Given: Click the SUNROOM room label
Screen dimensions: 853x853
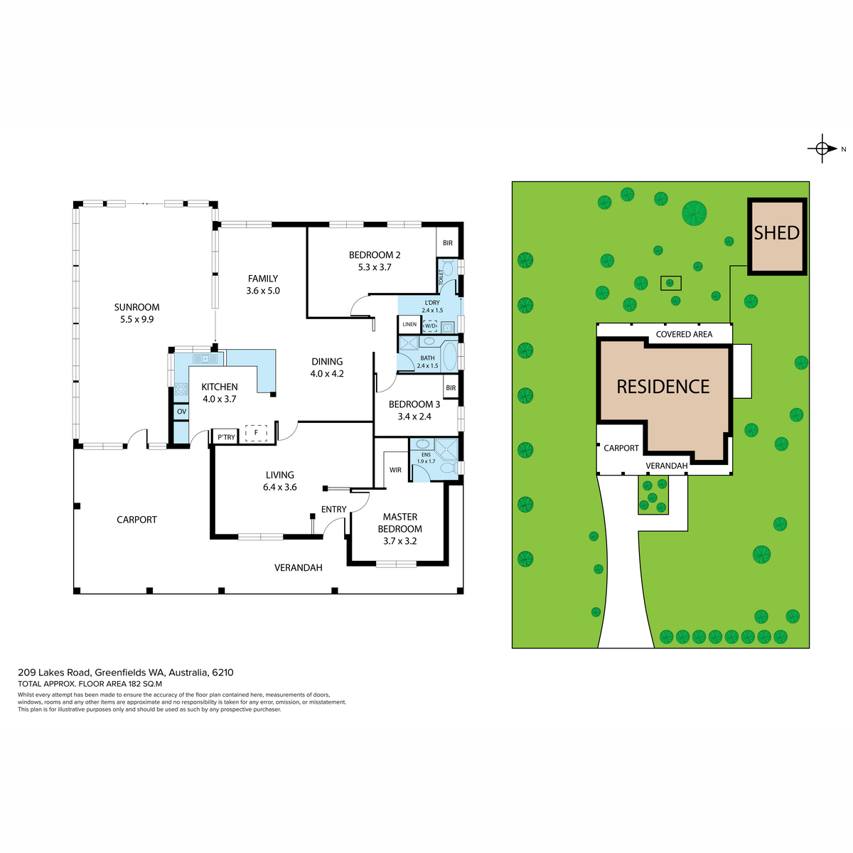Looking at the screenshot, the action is click(x=136, y=307).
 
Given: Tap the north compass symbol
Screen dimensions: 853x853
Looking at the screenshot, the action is click(x=822, y=149).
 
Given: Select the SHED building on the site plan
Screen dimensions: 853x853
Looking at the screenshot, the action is click(x=777, y=237).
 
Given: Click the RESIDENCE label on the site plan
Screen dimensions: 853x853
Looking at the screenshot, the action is click(x=662, y=387).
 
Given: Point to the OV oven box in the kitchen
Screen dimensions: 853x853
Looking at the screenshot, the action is click(x=181, y=412).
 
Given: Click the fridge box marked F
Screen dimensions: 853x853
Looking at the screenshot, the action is click(x=256, y=433).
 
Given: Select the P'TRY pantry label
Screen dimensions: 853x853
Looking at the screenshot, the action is click(x=226, y=437).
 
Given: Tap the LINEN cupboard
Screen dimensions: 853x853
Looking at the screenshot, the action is click(x=409, y=324).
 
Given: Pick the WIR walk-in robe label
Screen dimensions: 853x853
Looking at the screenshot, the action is click(x=395, y=470).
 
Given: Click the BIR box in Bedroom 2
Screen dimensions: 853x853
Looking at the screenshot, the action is click(x=448, y=242).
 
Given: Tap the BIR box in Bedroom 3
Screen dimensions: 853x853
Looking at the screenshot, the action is click(x=451, y=388).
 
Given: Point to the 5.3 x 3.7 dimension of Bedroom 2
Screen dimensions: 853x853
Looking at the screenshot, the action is click(x=375, y=267).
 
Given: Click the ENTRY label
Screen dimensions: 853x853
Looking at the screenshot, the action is click(x=334, y=510).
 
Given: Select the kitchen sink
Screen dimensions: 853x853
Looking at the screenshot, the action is click(x=205, y=358).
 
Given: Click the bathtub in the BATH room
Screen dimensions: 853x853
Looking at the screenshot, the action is click(x=450, y=356).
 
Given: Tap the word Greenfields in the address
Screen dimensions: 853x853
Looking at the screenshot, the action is click(x=119, y=672).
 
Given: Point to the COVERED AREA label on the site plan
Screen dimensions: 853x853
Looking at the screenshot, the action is click(x=684, y=334).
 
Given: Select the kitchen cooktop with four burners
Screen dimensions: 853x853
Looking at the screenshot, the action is click(x=181, y=389).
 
